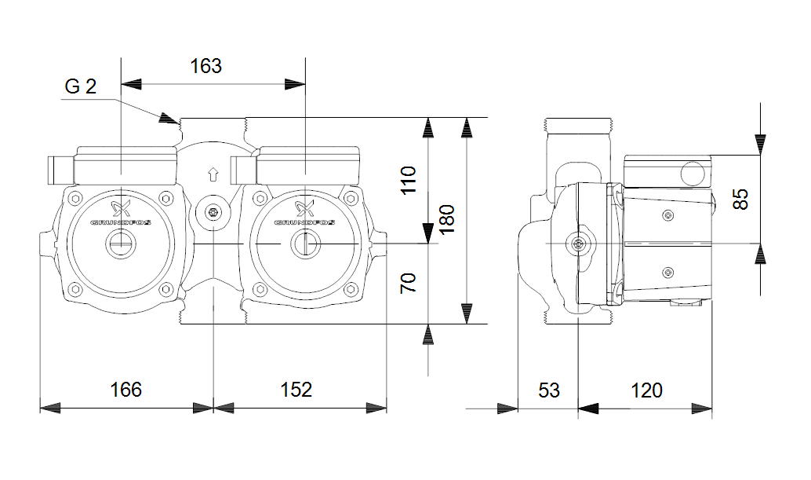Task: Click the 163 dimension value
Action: tap(205, 66)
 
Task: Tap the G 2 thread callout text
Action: tap(80, 86)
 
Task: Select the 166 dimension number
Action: tap(125, 390)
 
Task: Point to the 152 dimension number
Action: tap(296, 390)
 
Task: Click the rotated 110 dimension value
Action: tap(408, 180)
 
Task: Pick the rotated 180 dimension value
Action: tap(446, 219)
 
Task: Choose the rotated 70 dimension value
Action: tap(408, 284)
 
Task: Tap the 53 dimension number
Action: tap(549, 390)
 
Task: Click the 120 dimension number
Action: tap(646, 390)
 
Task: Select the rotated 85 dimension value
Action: tap(740, 199)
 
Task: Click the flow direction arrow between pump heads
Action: tap(213, 174)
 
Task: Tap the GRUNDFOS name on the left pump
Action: tap(121, 222)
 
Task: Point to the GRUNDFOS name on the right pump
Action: tap(304, 222)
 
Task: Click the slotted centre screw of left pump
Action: tap(121, 244)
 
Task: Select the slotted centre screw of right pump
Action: tap(304, 244)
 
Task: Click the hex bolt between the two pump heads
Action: tap(213, 212)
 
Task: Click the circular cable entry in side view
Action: tap(693, 174)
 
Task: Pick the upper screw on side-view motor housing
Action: tap(667, 215)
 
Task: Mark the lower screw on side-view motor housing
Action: tap(667, 272)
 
